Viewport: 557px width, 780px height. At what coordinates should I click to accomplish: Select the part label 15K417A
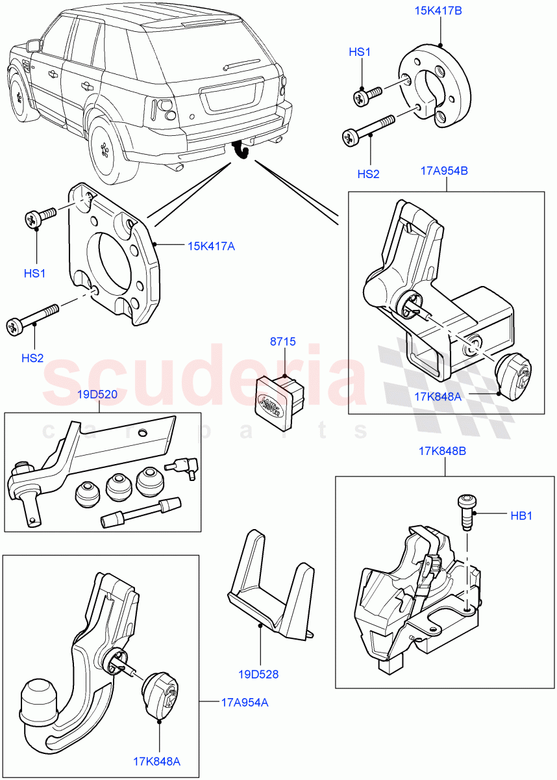point(210,246)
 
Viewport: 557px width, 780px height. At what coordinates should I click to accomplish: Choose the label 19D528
point(258,674)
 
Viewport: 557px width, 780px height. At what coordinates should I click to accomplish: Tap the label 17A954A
point(244,702)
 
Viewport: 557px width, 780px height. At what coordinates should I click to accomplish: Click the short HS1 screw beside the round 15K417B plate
point(367,96)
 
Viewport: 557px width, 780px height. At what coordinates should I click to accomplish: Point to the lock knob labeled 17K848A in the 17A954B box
point(513,376)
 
